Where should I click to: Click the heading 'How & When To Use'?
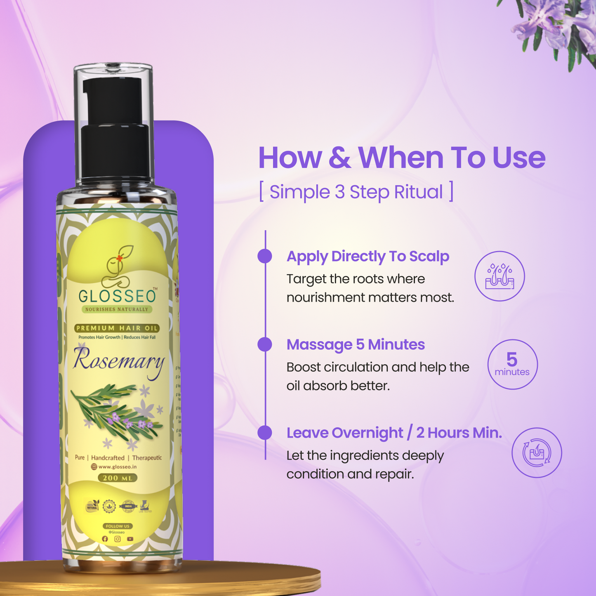pyautogui.click(x=402, y=158)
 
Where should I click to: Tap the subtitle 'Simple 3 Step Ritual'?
pyautogui.click(x=356, y=192)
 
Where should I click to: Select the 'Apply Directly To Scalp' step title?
pyautogui.click(x=367, y=256)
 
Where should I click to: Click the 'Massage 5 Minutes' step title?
pyautogui.click(x=356, y=344)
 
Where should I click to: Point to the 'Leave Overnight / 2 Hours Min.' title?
pyautogui.click(x=394, y=433)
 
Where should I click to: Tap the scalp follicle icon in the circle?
pyautogui.click(x=499, y=276)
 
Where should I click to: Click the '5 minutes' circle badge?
pyautogui.click(x=512, y=364)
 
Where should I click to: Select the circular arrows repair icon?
pyautogui.click(x=537, y=452)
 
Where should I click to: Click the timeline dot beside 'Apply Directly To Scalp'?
pyautogui.click(x=265, y=256)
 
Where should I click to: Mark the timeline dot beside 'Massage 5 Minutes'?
pyautogui.click(x=265, y=344)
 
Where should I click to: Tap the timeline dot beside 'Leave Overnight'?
pyautogui.click(x=265, y=433)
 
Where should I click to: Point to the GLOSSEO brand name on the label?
pyautogui.click(x=118, y=296)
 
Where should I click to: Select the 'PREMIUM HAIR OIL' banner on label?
pyautogui.click(x=117, y=328)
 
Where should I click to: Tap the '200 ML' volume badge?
pyautogui.click(x=118, y=478)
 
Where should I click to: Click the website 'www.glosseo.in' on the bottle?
pyautogui.click(x=117, y=467)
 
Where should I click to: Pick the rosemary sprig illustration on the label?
pyautogui.click(x=118, y=412)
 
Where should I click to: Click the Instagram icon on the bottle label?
pyautogui.click(x=118, y=539)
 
